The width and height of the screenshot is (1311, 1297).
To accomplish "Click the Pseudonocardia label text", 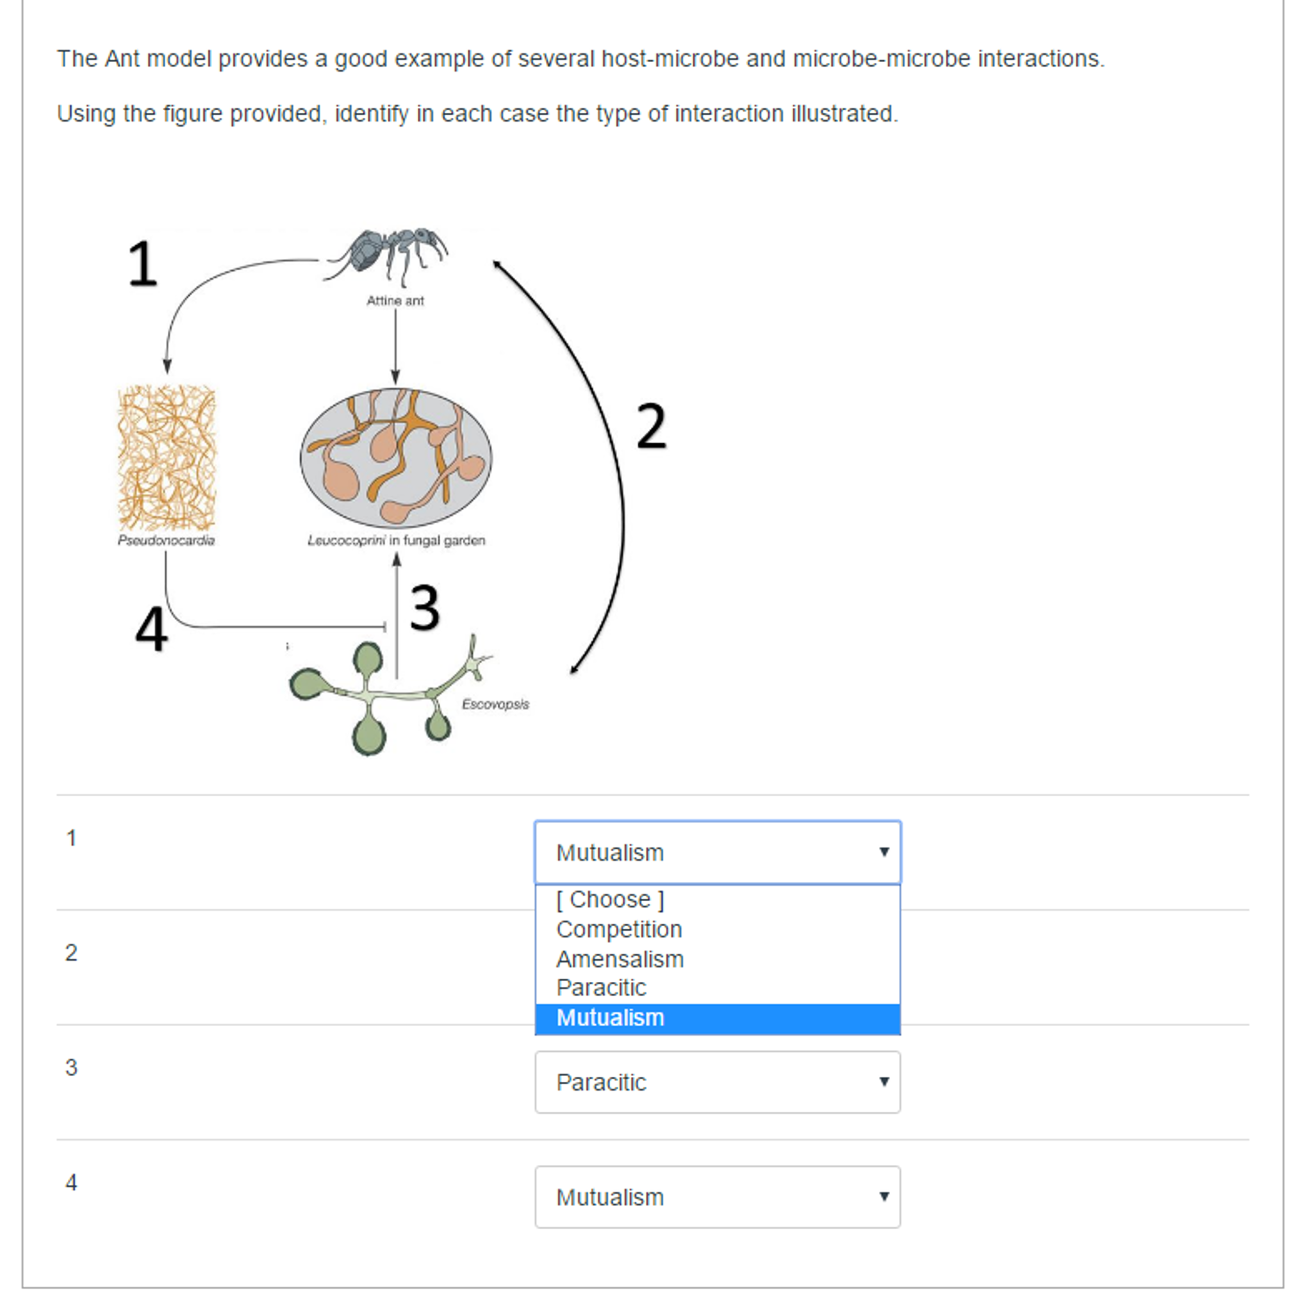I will point(166,541).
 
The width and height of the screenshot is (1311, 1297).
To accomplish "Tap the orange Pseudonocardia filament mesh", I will point(167,458).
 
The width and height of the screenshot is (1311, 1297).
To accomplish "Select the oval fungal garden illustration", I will point(395,458).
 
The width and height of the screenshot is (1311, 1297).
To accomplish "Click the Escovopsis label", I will point(495,704).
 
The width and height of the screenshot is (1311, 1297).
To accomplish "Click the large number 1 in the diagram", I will point(142,264).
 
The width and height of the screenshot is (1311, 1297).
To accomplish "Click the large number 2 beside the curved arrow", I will point(652,427).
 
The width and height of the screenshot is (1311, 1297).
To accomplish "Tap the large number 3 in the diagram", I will point(425,608).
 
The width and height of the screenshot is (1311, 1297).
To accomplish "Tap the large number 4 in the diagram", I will point(151,630).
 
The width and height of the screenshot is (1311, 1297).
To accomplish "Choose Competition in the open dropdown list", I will point(619,929).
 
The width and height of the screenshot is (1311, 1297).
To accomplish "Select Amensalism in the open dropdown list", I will point(620,959).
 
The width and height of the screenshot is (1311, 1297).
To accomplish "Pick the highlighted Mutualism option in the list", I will point(610,1018).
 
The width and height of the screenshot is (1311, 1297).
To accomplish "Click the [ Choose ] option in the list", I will point(609,899).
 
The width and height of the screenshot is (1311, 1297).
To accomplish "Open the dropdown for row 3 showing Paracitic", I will point(717,1082).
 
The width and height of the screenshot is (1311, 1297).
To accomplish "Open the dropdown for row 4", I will point(717,1197).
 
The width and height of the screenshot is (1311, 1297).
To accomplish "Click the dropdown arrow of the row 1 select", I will point(884,852).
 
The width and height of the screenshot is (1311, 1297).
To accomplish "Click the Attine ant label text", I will point(395,300).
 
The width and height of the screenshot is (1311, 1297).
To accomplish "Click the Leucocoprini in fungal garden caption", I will point(396,541).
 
